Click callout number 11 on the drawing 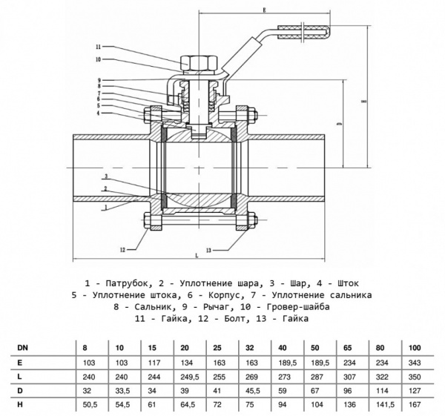click(97, 46)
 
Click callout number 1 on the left click(106, 208)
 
